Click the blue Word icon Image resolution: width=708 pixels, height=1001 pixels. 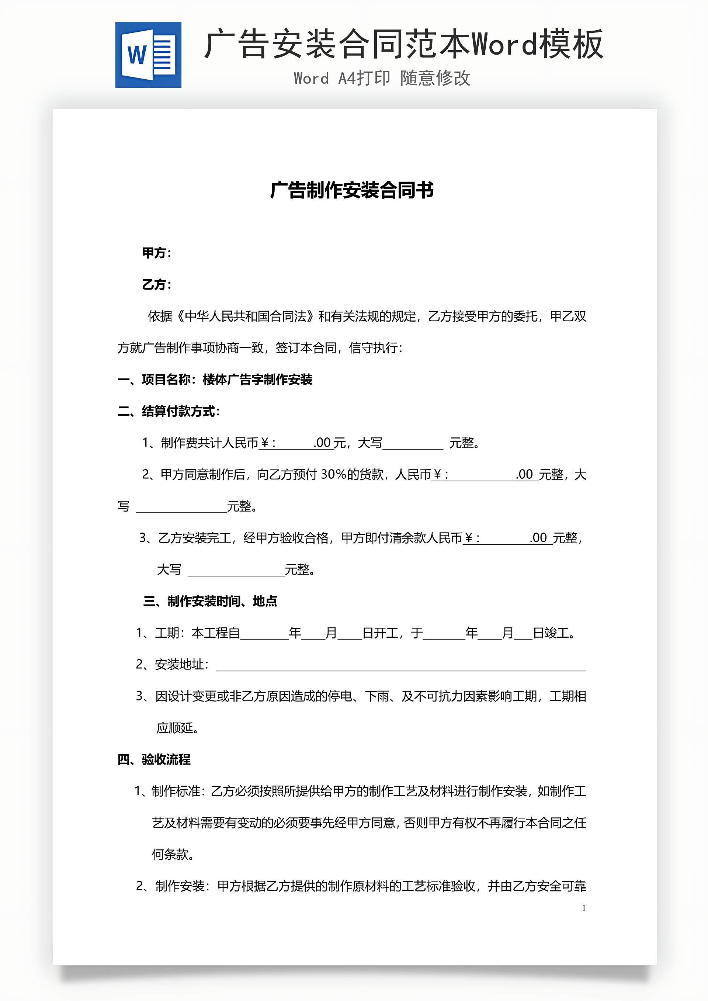[148, 55]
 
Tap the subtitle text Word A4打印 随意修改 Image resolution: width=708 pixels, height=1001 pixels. [382, 79]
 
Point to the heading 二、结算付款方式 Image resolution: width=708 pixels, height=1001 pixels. [169, 411]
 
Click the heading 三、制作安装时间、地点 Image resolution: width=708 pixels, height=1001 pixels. [210, 601]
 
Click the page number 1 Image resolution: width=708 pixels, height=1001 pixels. [584, 908]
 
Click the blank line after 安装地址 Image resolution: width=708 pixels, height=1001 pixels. [401, 665]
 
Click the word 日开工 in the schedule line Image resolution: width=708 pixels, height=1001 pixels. [380, 633]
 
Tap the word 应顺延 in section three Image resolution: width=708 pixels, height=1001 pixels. [175, 728]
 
